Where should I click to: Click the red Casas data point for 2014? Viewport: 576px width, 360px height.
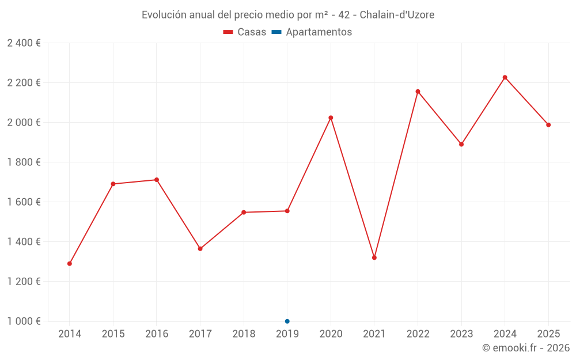pos(70,264)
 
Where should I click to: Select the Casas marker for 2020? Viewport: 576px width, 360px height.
pos(331,118)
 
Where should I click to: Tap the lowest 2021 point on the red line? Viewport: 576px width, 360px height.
pos(374,257)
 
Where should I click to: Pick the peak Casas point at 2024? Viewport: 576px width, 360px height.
pos(505,77)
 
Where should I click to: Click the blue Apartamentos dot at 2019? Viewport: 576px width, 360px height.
pos(287,321)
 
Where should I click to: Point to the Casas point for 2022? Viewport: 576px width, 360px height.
pos(418,92)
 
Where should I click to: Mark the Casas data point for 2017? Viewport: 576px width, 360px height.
pos(200,249)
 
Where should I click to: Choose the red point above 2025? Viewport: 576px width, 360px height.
pos(548,125)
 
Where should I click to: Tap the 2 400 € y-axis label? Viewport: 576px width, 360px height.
pos(24,43)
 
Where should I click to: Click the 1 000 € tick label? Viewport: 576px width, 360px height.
pos(24,321)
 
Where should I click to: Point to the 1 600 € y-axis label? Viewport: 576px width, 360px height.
pos(24,202)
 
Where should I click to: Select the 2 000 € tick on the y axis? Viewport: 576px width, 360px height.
pos(24,123)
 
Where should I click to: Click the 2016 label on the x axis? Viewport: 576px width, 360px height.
pos(157,334)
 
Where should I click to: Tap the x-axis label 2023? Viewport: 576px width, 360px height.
pos(461,334)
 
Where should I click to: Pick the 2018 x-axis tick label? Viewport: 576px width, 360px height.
pos(244,334)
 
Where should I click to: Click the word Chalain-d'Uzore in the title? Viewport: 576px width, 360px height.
pos(397,14)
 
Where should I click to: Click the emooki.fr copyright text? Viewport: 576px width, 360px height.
pos(526,348)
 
